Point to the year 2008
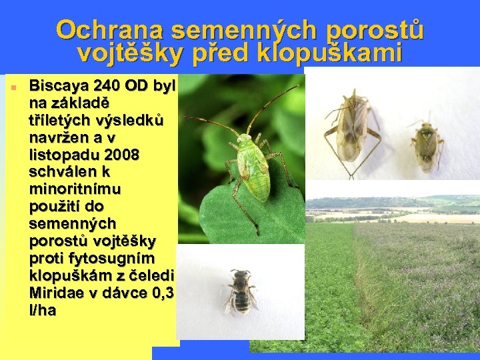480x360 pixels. pyautogui.click(x=120, y=155)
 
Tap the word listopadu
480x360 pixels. pyautogui.click(x=63, y=155)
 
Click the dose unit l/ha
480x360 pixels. pyautogui.click(x=43, y=311)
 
